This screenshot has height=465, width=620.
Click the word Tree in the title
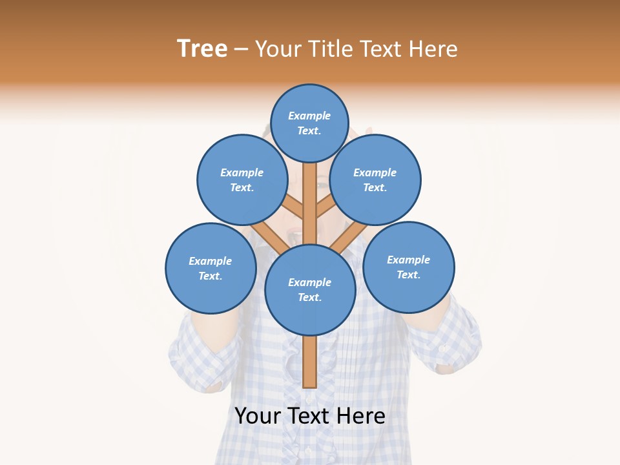[x=202, y=49]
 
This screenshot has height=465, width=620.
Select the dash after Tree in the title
[x=242, y=50]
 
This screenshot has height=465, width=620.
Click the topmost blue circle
[x=309, y=123]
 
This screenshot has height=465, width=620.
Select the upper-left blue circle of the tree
[x=242, y=180]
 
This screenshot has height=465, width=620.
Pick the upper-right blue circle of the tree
[x=375, y=180]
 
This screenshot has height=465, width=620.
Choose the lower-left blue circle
[x=211, y=268]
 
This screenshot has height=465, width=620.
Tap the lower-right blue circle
[x=408, y=267]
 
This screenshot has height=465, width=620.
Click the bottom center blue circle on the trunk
[x=310, y=289]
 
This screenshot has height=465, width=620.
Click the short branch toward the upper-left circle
[x=294, y=208]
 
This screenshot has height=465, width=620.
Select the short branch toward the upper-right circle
[x=325, y=208]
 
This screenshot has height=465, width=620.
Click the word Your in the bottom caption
[x=256, y=416]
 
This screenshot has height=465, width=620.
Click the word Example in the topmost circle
[x=309, y=116]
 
